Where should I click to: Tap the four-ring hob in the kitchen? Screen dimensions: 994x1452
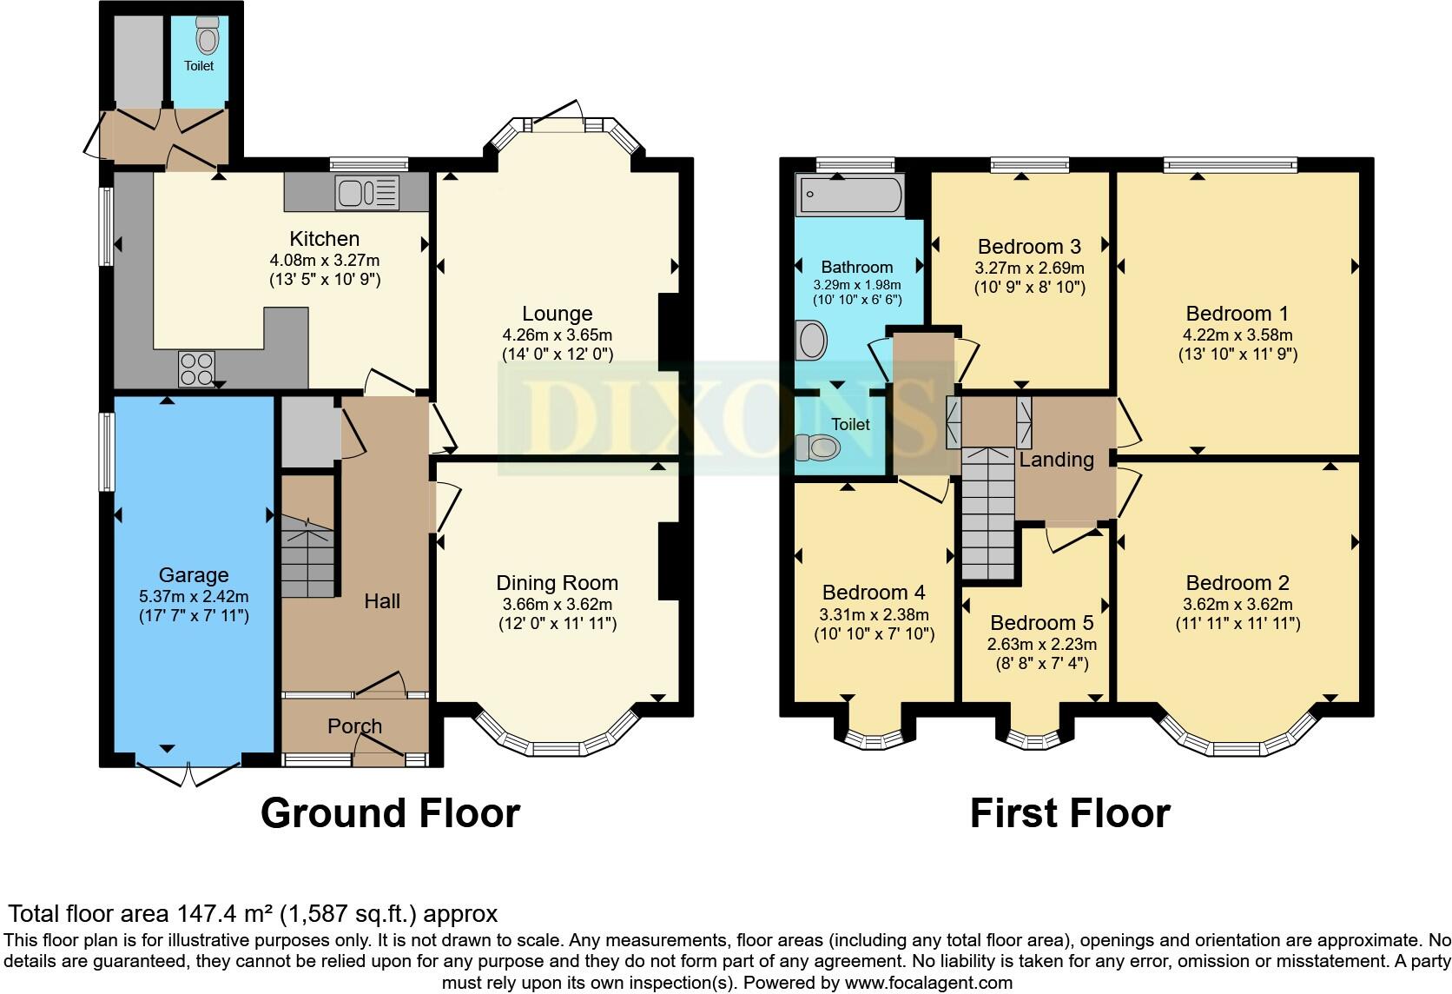click(x=196, y=368)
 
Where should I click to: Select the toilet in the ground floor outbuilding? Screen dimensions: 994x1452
click(x=207, y=36)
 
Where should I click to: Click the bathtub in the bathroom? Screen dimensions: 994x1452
click(x=850, y=194)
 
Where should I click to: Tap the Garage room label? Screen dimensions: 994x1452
click(x=194, y=575)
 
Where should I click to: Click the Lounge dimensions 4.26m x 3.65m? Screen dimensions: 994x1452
click(x=557, y=335)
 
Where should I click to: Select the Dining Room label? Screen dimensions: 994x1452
click(x=557, y=583)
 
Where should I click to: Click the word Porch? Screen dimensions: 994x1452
click(x=354, y=726)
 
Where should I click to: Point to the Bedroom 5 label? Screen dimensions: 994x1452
click(x=1041, y=623)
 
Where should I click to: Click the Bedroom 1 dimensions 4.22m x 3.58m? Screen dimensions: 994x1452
click(x=1237, y=335)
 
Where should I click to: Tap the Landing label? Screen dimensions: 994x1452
click(x=1056, y=460)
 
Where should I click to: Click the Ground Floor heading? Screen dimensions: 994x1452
click(x=390, y=813)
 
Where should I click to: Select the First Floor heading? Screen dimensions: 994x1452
click(x=1069, y=813)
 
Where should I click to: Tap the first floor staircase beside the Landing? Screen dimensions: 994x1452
click(x=988, y=513)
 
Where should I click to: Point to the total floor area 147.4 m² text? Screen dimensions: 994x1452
click(x=253, y=913)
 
